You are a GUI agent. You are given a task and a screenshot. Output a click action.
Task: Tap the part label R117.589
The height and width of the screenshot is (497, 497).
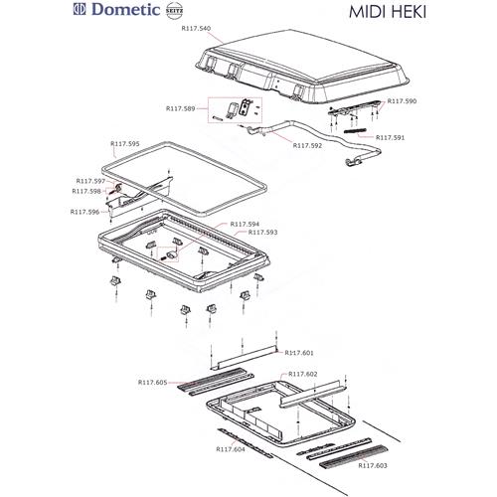click(x=180, y=108)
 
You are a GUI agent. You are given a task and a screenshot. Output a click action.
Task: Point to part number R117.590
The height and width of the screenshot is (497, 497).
click(x=401, y=100)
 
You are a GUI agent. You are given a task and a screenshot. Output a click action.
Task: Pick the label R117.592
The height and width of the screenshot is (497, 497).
click(x=307, y=146)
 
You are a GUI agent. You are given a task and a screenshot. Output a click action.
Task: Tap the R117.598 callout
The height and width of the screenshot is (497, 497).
click(x=86, y=191)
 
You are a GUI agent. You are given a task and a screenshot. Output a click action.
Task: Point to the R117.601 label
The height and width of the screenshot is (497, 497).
click(x=299, y=353)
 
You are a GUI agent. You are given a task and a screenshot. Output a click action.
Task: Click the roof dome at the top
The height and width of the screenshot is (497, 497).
click(x=298, y=60)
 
